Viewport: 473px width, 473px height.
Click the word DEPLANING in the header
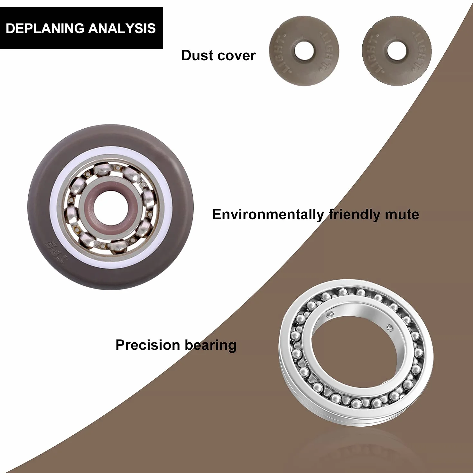point(45,28)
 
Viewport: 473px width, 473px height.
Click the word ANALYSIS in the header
point(122,28)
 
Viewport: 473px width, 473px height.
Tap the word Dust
point(197,55)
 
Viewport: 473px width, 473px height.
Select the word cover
point(237,56)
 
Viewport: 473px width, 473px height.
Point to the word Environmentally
point(268,215)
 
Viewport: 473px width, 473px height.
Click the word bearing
point(210,346)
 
